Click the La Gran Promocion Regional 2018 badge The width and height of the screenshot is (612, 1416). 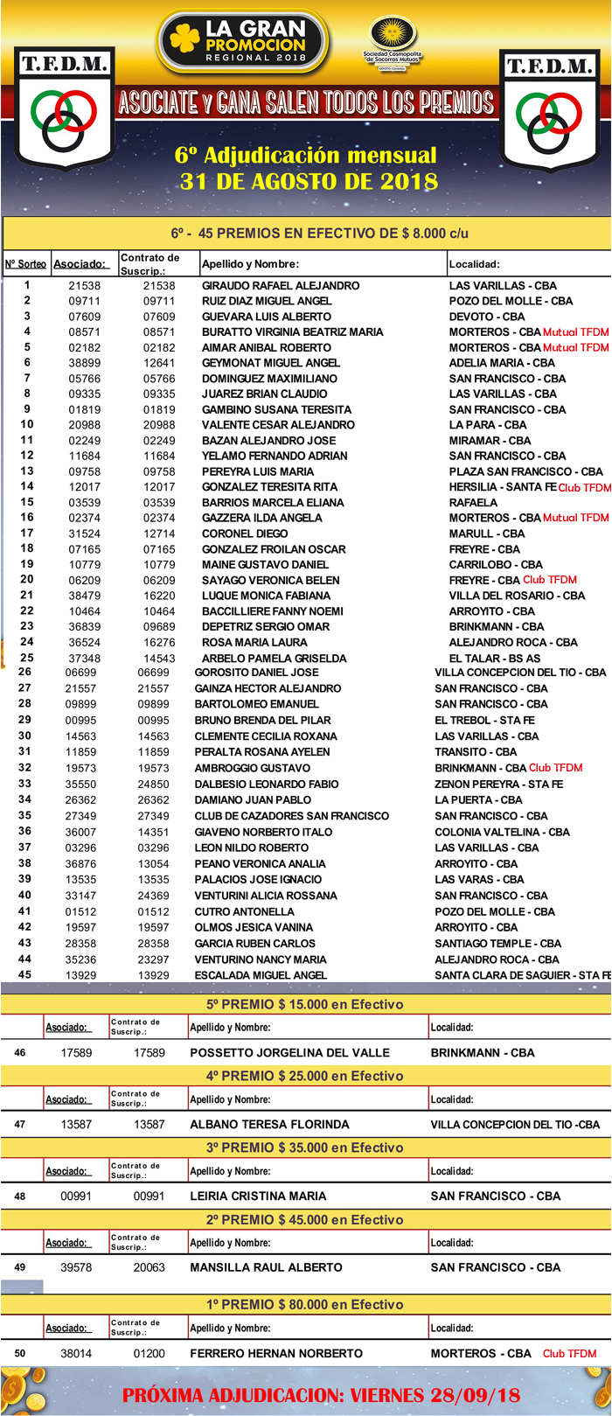pos(244,42)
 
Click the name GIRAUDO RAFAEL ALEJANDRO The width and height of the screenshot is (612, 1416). pos(281,285)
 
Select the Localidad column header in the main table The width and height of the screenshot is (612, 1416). pos(474,264)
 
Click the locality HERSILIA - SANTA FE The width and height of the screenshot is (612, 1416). pos(502,487)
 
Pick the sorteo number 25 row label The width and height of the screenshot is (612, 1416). pos(26,657)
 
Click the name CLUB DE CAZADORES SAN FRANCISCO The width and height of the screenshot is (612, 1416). pos(291,816)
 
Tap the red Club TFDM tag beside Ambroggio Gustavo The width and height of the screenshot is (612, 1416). pos(555,768)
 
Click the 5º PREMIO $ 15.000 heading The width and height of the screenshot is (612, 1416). pos(304,1004)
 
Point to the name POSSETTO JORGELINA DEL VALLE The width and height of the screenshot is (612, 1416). pos(289,1053)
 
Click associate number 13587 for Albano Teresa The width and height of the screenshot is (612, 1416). pos(76,1125)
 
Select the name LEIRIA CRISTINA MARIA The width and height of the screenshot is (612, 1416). pos(258,1196)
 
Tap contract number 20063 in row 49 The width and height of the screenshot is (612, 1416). pos(150,1267)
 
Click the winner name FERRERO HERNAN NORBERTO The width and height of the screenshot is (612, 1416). pos(275,1353)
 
